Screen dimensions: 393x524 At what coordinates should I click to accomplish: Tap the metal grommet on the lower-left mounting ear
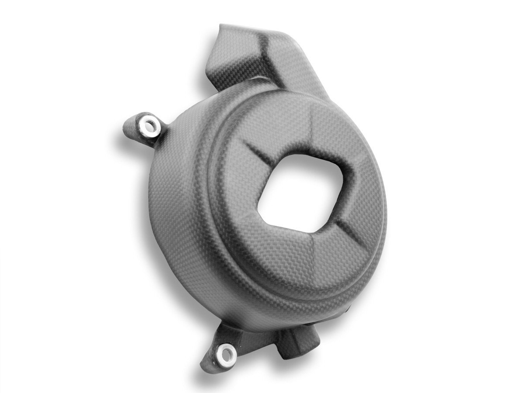click(x=228, y=354)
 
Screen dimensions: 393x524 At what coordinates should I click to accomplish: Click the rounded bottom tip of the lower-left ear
click(x=208, y=367)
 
